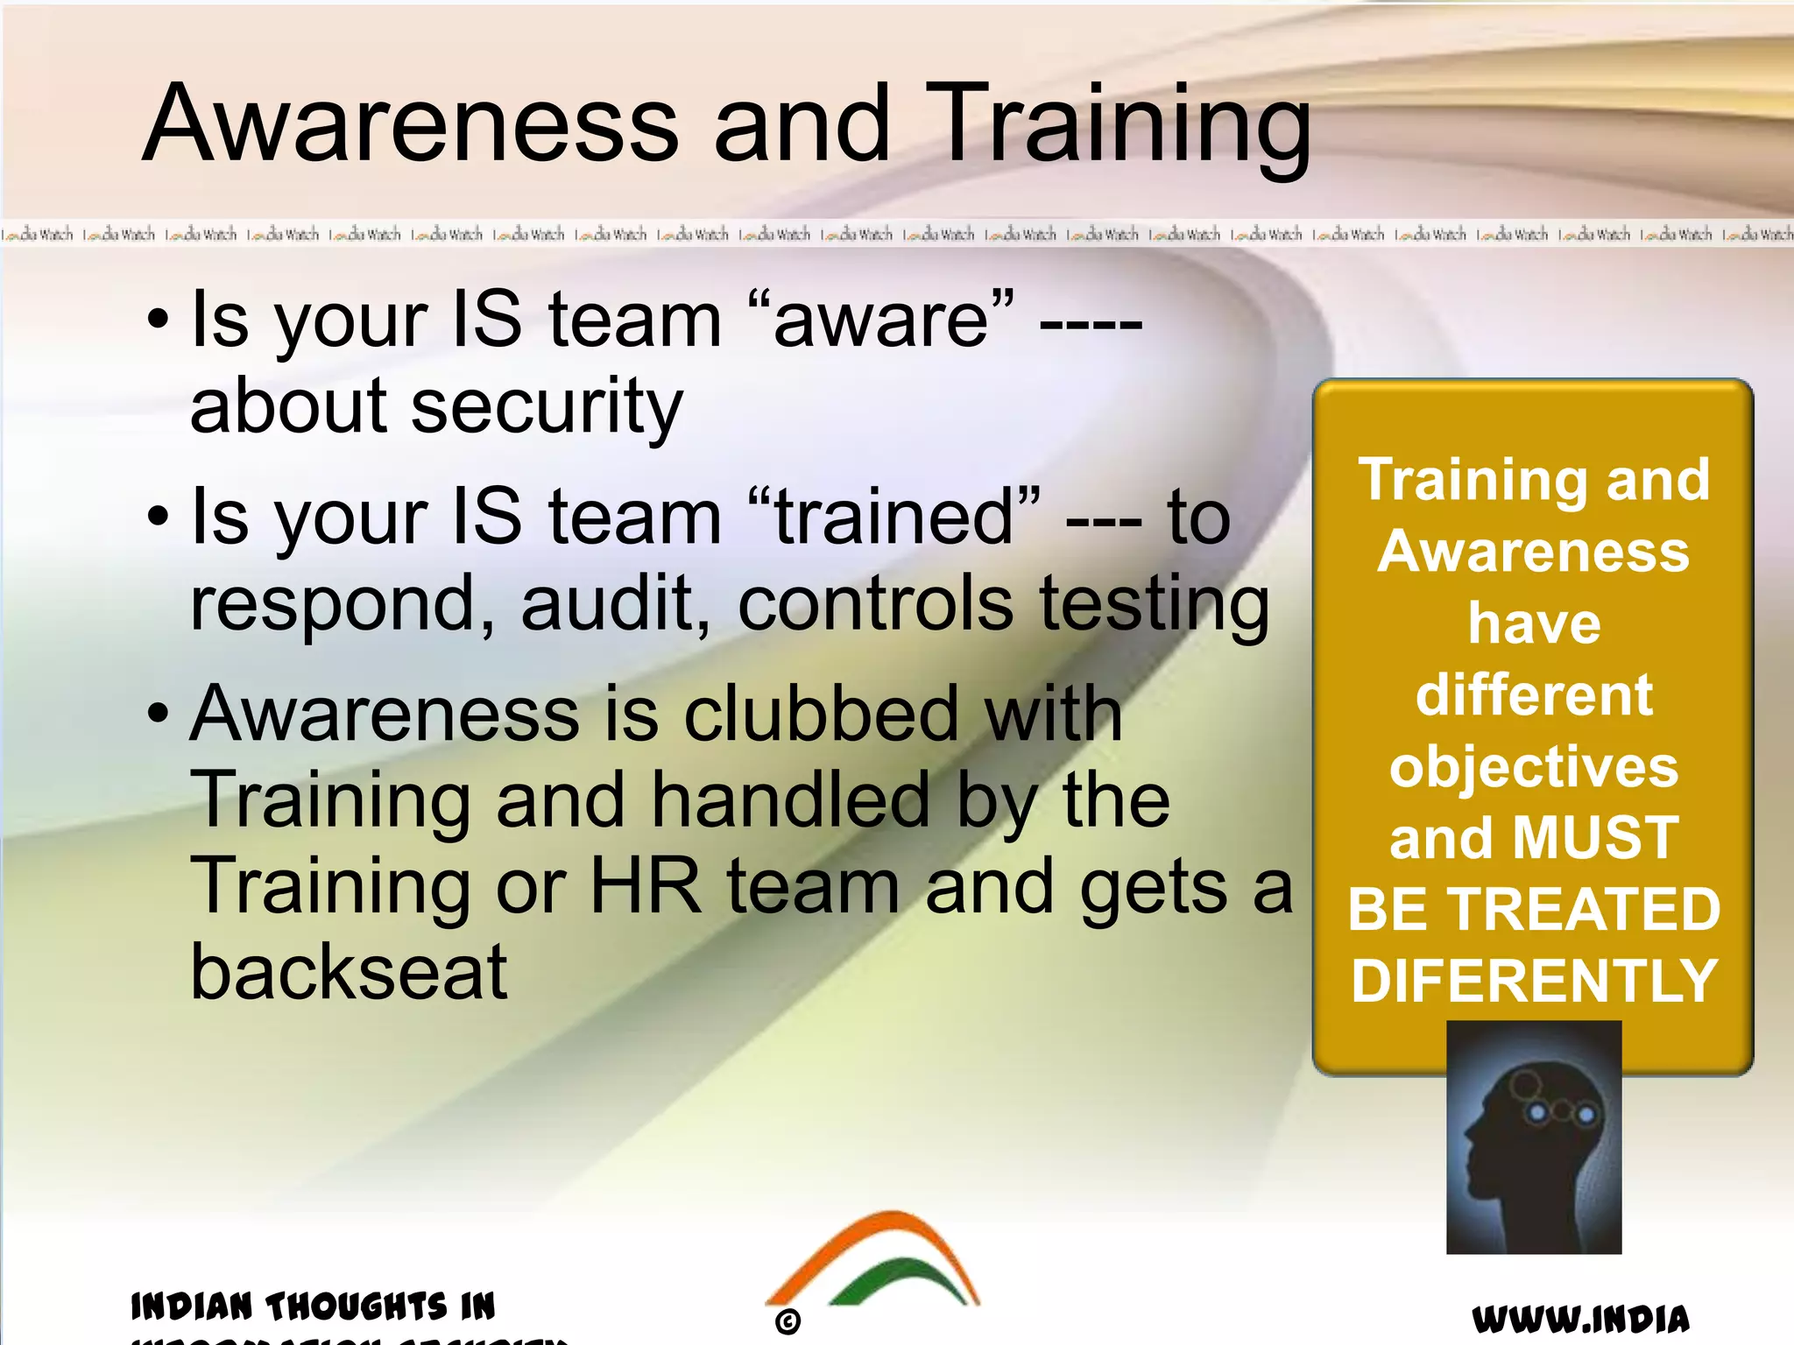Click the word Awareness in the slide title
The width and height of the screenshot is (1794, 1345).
tap(411, 123)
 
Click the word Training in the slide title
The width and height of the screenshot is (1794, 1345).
tap(1125, 123)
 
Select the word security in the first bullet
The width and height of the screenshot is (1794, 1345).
tap(547, 407)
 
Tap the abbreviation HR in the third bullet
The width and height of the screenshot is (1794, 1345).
tap(646, 886)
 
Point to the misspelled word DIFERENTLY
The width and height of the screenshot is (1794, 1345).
tap(1534, 981)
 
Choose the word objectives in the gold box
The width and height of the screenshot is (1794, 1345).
tap(1534, 767)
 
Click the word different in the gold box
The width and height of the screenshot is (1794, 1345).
tap(1534, 695)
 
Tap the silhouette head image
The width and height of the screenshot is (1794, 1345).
tap(1533, 1138)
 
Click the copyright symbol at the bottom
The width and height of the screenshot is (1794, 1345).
tap(788, 1321)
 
